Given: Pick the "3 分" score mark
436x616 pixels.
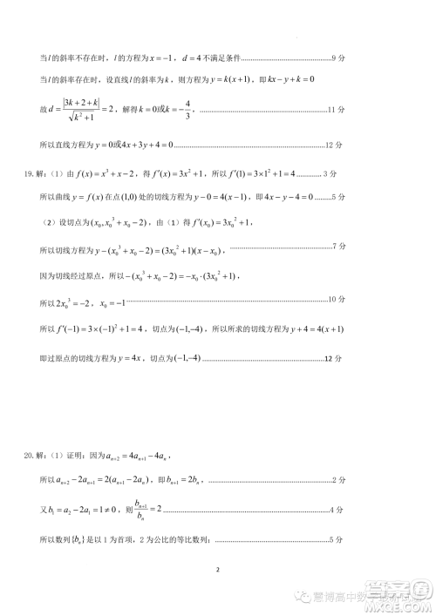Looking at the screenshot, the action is tap(330, 173).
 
